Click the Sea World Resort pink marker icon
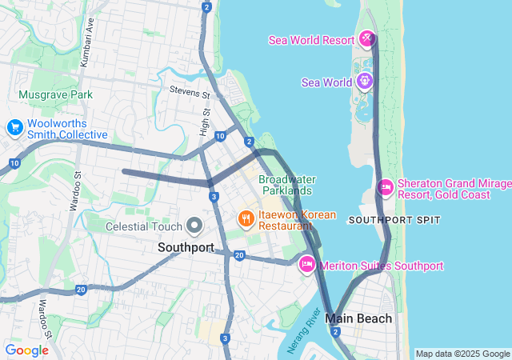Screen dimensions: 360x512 coord(367,38)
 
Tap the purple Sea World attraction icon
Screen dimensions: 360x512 coord(365,81)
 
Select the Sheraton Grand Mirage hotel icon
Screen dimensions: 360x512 coord(385,187)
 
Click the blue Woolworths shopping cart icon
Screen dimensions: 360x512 coord(14,128)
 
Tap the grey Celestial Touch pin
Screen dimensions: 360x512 coord(194,226)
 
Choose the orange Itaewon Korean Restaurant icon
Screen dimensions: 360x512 coord(246,218)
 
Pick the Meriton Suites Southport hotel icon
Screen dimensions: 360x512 coord(306,265)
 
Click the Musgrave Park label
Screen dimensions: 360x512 coord(55,94)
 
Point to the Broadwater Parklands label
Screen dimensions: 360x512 coord(286,185)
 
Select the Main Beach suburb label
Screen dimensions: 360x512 coord(358,318)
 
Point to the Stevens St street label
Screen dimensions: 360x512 coord(190,94)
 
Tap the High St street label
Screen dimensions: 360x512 coord(206,123)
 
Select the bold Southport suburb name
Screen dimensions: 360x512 coord(186,247)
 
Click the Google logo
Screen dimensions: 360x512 coord(26,350)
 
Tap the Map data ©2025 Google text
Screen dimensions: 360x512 coord(462,354)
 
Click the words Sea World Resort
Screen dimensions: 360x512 coord(311,39)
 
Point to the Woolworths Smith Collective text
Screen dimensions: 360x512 coord(67,129)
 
